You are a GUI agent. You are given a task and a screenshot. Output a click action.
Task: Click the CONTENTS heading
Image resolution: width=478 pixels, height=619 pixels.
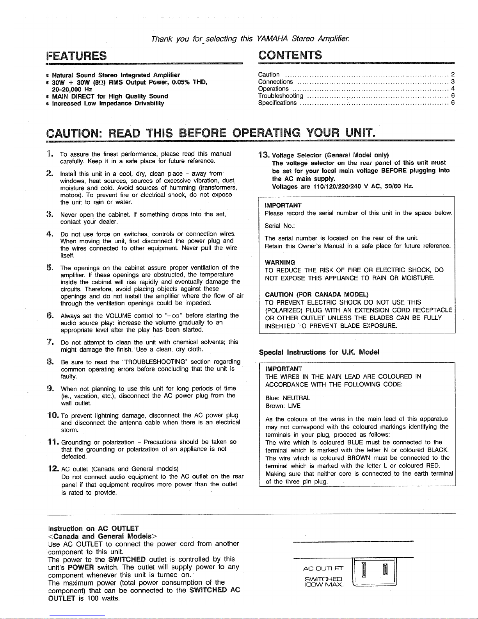[290, 55]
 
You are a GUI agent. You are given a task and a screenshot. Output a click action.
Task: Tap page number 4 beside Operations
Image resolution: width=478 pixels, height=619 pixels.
[453, 89]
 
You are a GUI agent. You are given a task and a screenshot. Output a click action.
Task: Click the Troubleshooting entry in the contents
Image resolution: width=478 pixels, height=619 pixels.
[281, 96]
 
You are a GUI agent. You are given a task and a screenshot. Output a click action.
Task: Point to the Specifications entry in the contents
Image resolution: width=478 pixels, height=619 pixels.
[277, 103]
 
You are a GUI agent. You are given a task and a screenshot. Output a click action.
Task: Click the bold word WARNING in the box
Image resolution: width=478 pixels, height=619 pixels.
[279, 262]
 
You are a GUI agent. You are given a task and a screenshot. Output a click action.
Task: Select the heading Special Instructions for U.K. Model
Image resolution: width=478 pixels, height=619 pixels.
[319, 352]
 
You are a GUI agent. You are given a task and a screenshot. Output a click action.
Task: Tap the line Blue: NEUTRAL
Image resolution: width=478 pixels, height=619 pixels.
[287, 398]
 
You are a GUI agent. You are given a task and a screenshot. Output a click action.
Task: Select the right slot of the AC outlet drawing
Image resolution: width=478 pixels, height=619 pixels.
[385, 570]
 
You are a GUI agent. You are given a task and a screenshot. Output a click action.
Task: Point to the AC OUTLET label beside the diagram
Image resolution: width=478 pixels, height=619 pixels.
[323, 568]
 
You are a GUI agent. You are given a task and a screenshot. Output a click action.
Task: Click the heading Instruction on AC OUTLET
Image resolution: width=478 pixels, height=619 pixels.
[92, 529]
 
